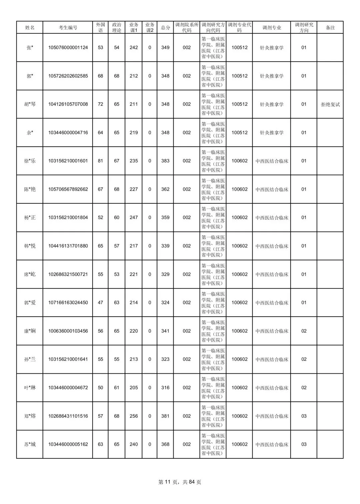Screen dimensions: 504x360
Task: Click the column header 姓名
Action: [30, 28]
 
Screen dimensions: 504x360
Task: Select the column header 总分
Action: [165, 28]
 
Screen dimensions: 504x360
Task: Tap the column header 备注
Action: [330, 28]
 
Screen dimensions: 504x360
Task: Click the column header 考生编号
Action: [68, 28]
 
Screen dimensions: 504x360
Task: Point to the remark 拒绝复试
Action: [330, 104]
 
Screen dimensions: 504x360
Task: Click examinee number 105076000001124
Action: [68, 48]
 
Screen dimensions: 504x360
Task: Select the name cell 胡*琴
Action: [30, 104]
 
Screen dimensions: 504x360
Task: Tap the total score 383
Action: [165, 161]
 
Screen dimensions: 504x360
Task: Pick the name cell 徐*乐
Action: [30, 161]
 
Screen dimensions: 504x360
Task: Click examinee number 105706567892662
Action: [68, 189]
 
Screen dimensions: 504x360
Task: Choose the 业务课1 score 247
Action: [134, 218]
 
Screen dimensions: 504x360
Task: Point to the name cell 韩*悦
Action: [30, 246]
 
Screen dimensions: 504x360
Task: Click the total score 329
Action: [165, 274]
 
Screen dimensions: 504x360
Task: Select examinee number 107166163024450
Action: [68, 303]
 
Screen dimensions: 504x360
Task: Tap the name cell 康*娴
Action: [30, 331]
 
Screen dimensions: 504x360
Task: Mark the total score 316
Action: [165, 388]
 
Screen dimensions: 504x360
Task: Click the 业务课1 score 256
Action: [134, 416]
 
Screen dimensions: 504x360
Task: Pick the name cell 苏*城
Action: [30, 444]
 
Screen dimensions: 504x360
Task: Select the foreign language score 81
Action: [100, 161]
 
